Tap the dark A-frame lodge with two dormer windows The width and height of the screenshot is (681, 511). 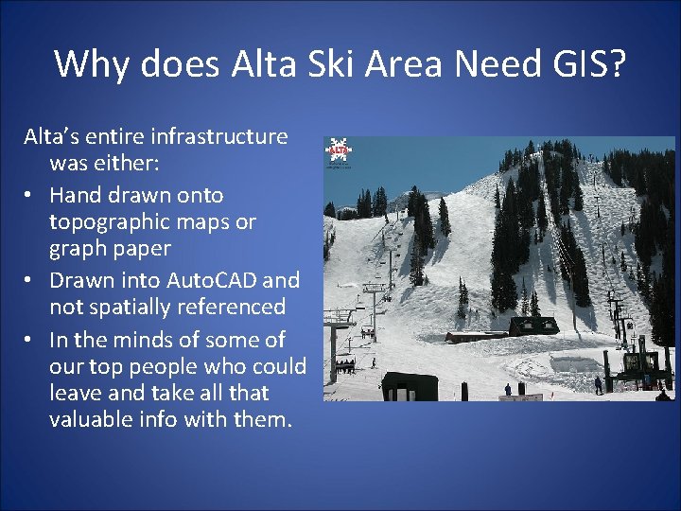click(x=533, y=327)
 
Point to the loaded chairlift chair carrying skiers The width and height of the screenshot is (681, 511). click(x=345, y=364)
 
